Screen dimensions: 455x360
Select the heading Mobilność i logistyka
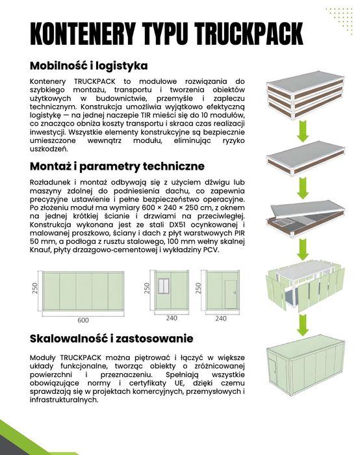89,66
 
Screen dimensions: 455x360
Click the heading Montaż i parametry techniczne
117,166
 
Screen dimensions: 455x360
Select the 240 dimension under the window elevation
172,319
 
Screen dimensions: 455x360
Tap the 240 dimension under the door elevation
220,319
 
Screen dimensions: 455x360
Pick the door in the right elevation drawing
229,294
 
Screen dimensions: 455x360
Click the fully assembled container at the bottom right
303,368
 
